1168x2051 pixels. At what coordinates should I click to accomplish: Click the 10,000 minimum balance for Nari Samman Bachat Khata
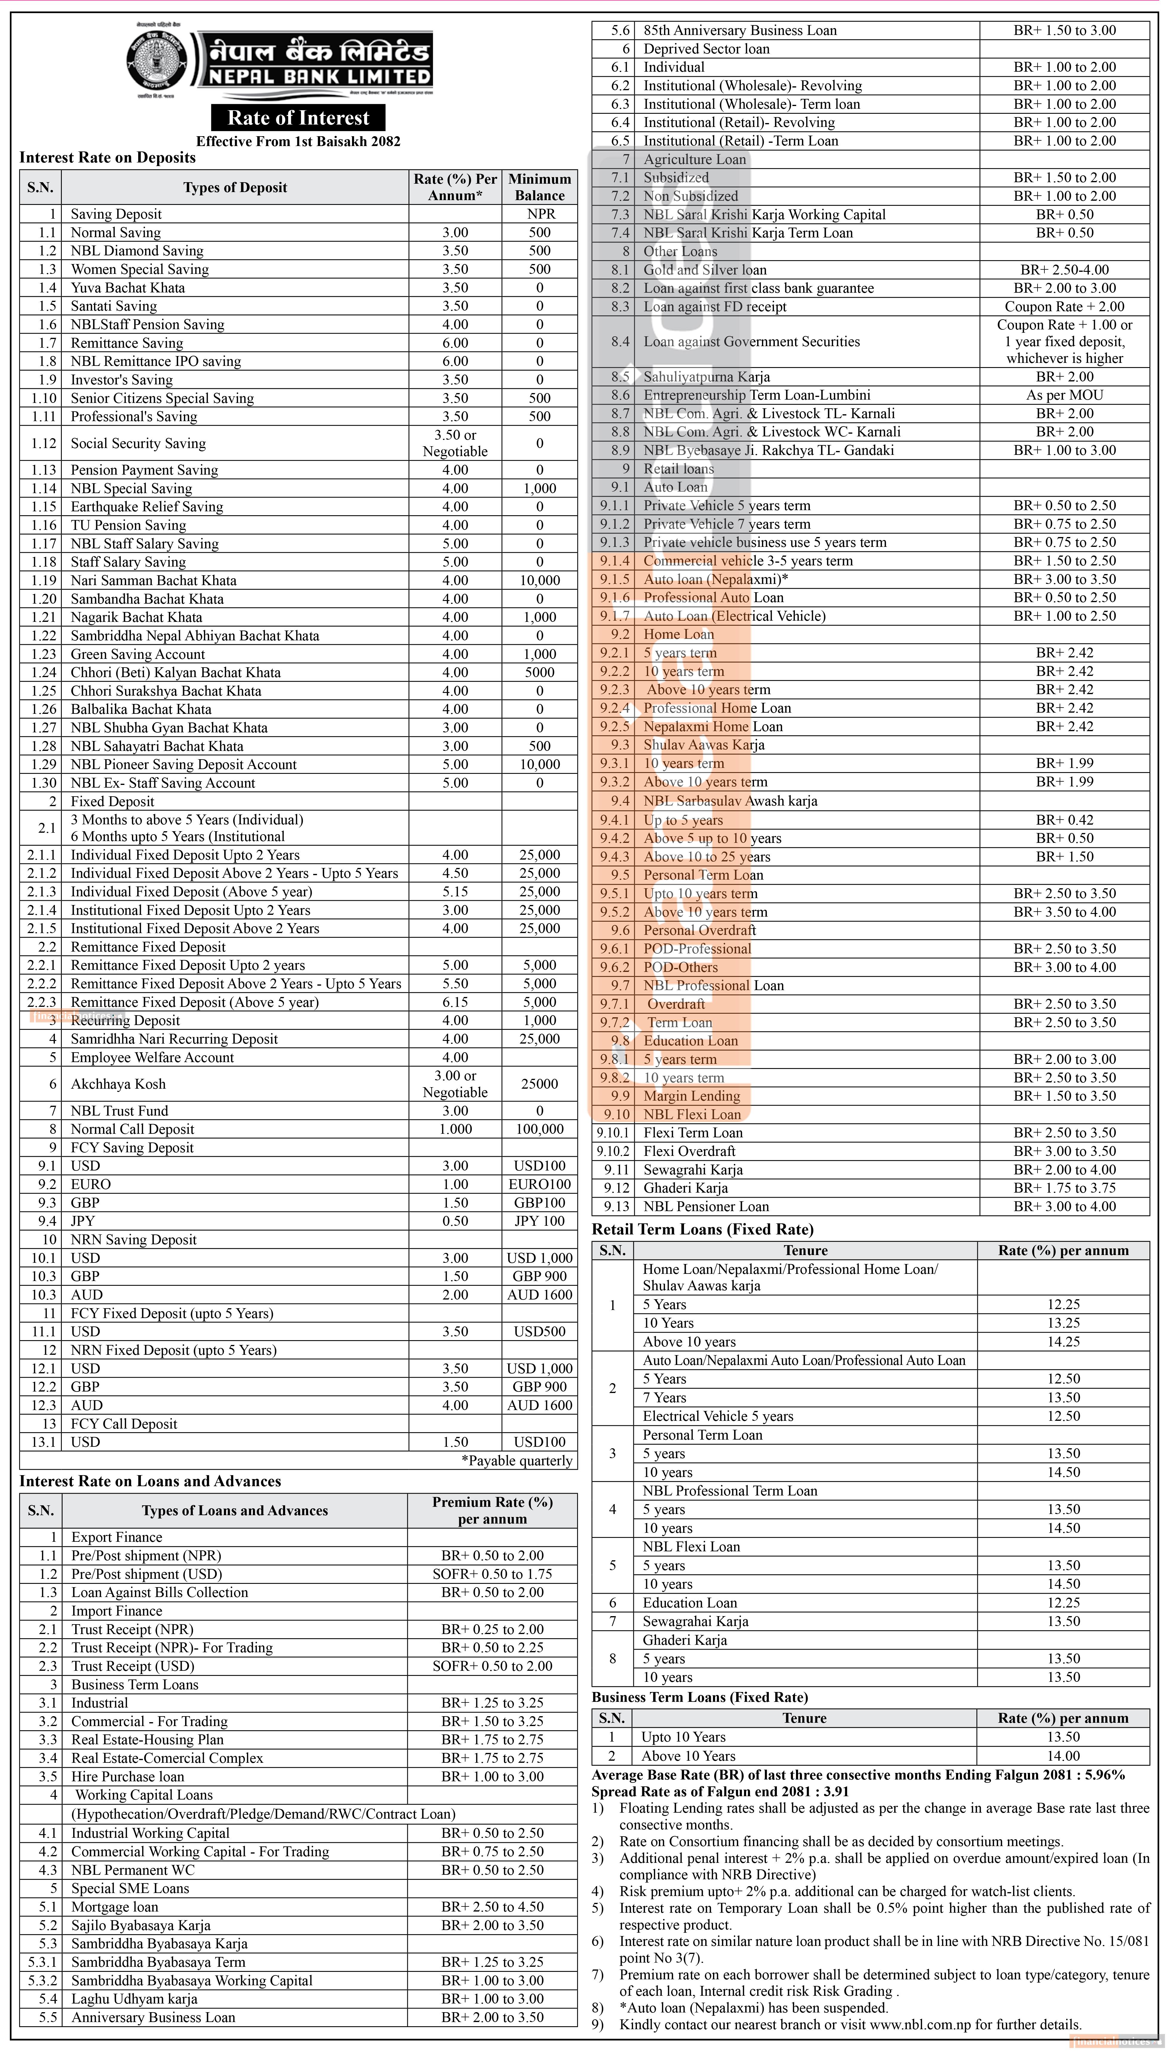[x=539, y=580]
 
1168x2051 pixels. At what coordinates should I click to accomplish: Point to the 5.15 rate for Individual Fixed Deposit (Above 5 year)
[x=455, y=892]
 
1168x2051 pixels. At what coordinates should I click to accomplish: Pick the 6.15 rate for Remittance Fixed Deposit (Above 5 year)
[x=455, y=1002]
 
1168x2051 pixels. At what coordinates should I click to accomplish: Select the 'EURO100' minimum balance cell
[x=539, y=1184]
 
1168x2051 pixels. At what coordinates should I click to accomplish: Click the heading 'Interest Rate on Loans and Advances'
[x=150, y=1481]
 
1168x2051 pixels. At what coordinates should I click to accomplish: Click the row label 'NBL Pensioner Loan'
[x=706, y=1207]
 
